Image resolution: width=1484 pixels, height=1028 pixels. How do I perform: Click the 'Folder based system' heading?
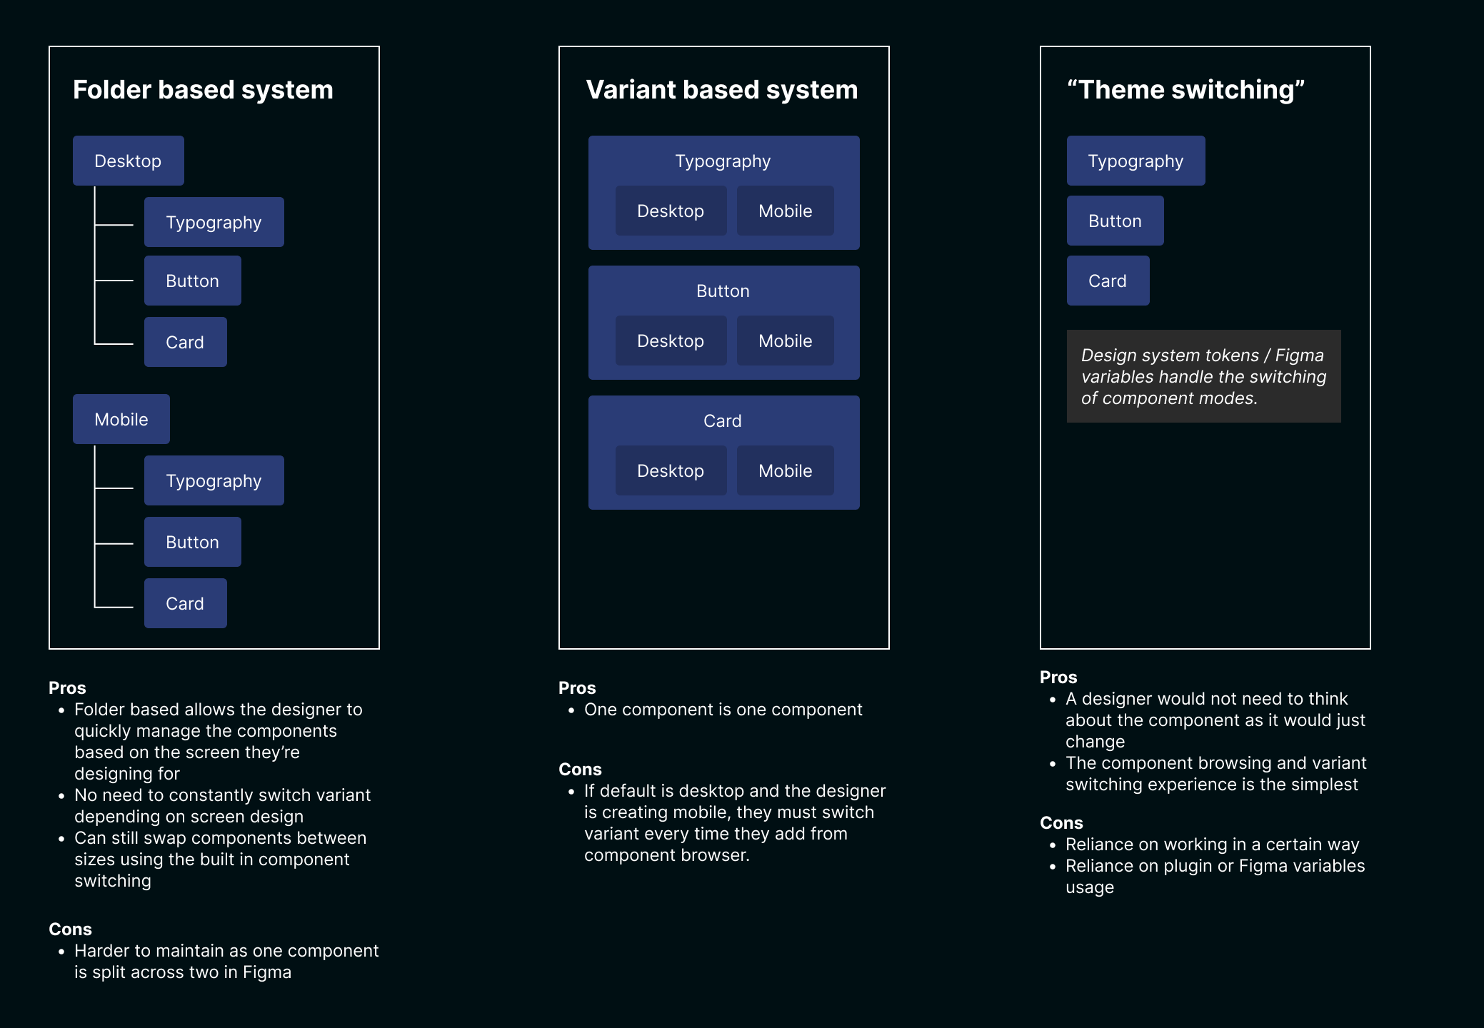pyautogui.click(x=203, y=90)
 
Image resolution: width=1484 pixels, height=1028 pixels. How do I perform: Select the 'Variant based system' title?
pyautogui.click(x=721, y=90)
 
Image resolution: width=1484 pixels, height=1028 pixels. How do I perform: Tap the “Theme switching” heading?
pyautogui.click(x=1185, y=90)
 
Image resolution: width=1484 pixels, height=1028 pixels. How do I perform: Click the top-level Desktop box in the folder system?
pyautogui.click(x=128, y=161)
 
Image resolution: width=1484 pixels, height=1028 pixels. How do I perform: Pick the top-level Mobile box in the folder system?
pyautogui.click(x=121, y=419)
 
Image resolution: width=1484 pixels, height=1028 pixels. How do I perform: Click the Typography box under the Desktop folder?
pyautogui.click(x=214, y=222)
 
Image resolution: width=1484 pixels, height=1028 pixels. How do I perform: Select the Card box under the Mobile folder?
pyautogui.click(x=185, y=603)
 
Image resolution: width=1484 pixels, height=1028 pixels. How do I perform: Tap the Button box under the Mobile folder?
pyautogui.click(x=192, y=542)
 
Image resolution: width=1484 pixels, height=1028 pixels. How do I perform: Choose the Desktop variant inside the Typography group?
pyautogui.click(x=671, y=211)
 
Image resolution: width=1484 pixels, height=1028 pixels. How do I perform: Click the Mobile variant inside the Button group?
pyautogui.click(x=785, y=341)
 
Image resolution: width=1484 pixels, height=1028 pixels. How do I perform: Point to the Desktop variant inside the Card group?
pyautogui.click(x=671, y=470)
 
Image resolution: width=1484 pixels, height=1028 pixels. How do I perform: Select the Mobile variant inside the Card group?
pyautogui.click(x=785, y=470)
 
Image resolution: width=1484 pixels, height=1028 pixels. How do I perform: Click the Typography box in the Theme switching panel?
pyautogui.click(x=1135, y=161)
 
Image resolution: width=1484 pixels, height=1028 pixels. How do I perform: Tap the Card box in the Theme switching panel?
pyautogui.click(x=1108, y=281)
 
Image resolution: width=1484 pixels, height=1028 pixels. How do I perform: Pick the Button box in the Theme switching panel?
pyautogui.click(x=1115, y=221)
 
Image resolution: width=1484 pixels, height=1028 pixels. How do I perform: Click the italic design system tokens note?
pyautogui.click(x=1203, y=376)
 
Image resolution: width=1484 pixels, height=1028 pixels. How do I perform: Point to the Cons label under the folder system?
pyautogui.click(x=70, y=929)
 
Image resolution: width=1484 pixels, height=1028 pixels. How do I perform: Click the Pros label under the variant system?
pyautogui.click(x=577, y=688)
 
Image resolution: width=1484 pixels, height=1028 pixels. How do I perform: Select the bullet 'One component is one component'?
pyautogui.click(x=723, y=710)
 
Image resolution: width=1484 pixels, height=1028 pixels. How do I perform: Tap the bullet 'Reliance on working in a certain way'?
pyautogui.click(x=1212, y=845)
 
